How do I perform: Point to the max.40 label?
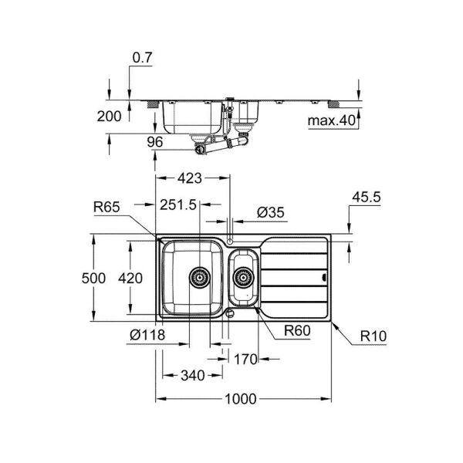(331, 121)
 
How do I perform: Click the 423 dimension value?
(189, 179)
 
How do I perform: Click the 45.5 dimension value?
(366, 198)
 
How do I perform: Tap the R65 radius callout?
(106, 206)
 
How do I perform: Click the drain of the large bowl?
(198, 275)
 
